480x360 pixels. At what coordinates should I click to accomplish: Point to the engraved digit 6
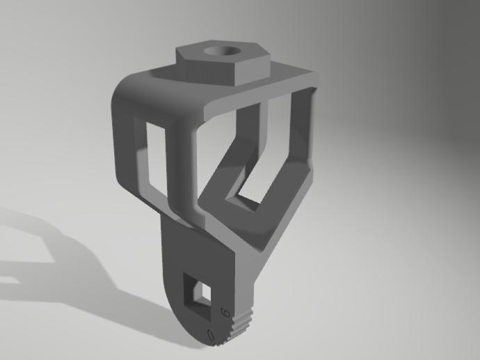point(224,311)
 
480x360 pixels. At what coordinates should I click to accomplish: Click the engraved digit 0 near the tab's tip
point(211,335)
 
